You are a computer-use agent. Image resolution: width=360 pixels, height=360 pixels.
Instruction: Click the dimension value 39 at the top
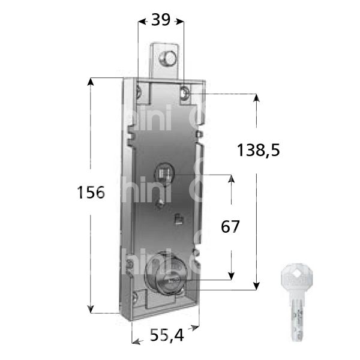pos(159,20)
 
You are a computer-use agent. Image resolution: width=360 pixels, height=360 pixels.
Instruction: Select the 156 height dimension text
pos(91,193)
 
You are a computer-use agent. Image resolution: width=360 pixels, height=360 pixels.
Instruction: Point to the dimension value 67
pos(230,227)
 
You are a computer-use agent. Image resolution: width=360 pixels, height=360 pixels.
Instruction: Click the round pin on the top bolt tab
pos(168,58)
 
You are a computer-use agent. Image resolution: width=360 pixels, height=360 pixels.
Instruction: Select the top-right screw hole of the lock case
pos(185,92)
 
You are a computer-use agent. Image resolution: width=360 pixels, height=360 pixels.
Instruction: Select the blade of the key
pos(296,321)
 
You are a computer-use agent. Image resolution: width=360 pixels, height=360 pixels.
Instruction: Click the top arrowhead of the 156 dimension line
pos(91,81)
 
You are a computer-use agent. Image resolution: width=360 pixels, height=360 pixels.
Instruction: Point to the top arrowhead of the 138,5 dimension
pos(257,97)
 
